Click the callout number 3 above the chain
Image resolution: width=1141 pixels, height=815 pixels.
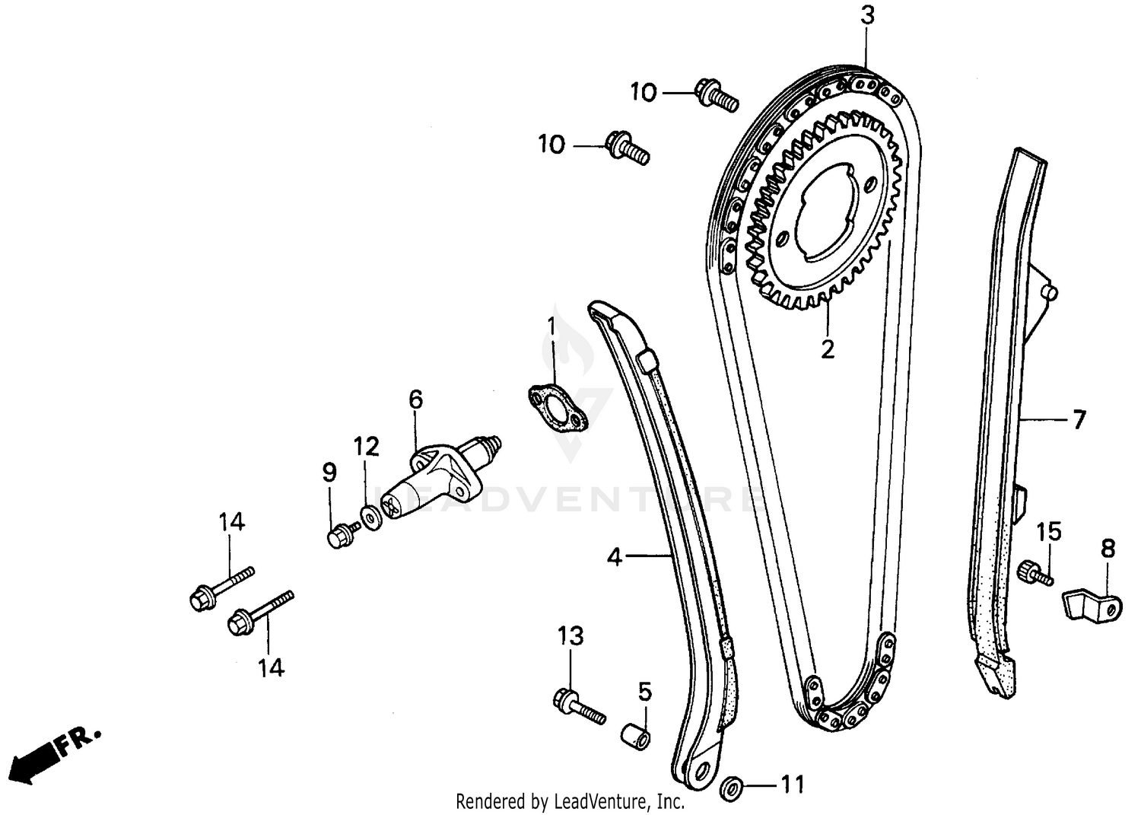(868, 15)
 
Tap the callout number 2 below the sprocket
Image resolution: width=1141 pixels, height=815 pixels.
(828, 349)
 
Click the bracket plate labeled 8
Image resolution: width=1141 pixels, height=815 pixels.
(1090, 605)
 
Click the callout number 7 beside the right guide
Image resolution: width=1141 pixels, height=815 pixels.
(1079, 419)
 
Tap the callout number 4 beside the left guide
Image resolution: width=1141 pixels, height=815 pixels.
(615, 558)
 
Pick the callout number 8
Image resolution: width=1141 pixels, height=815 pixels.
(1108, 549)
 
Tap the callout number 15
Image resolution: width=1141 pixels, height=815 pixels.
(1049, 532)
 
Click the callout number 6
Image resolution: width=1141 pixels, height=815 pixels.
(415, 399)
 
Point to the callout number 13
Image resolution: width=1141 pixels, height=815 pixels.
(570, 635)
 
